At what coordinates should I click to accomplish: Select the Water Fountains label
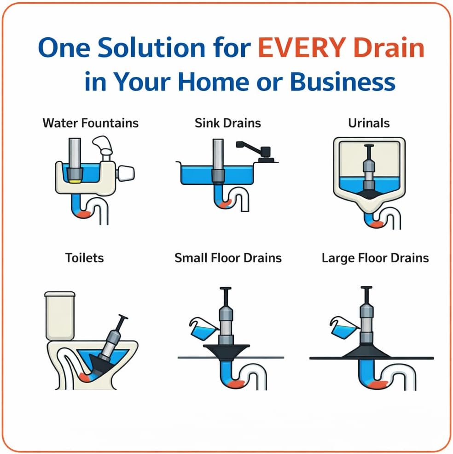coord(90,123)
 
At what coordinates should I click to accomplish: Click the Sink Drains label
coord(227,123)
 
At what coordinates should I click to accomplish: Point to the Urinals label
coord(369,123)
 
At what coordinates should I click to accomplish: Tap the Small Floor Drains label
coord(228,257)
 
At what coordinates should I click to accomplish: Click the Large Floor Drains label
coord(375,257)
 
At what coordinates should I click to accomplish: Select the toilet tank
coord(60,316)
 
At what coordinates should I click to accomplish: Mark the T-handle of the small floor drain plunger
coord(225,289)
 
